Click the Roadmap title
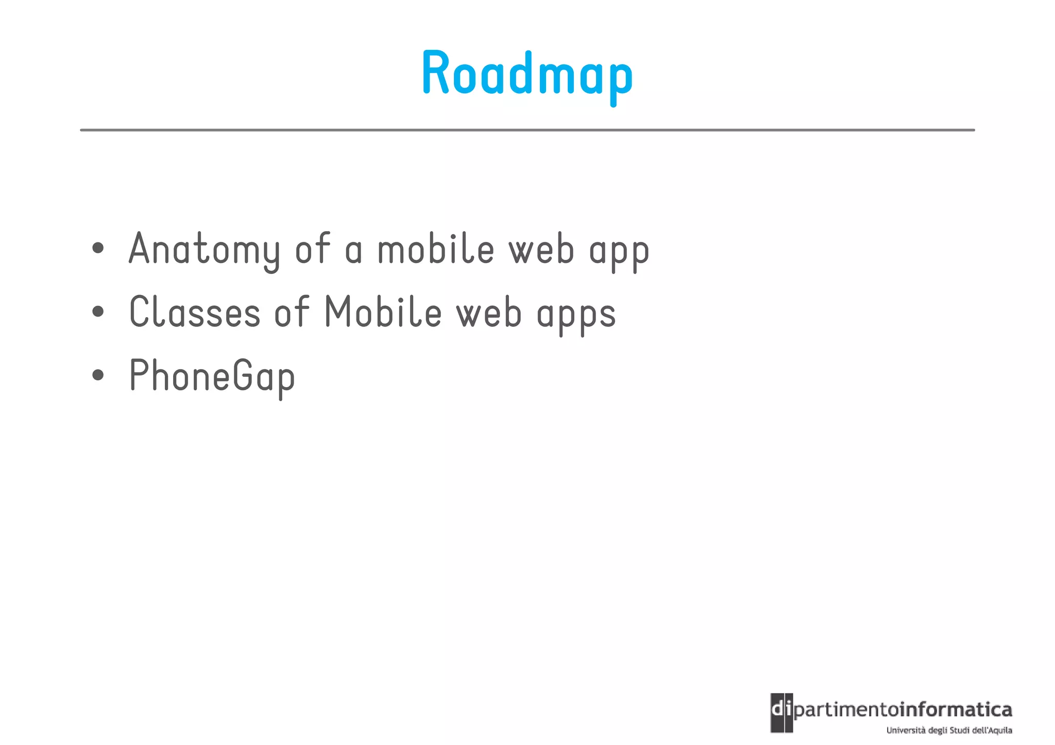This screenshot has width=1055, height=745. click(527, 74)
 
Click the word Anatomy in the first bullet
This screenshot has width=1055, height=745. click(204, 250)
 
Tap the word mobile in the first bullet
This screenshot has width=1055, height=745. click(436, 250)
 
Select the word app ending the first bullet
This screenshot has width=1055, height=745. click(619, 252)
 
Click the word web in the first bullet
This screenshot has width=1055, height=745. click(541, 250)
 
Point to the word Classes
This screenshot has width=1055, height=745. click(195, 313)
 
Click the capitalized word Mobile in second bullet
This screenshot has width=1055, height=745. click(383, 313)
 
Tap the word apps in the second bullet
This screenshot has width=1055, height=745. click(576, 315)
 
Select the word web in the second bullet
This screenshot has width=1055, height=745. click(489, 313)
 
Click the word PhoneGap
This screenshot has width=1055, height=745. click(212, 376)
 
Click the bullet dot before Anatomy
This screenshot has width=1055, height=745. click(98, 249)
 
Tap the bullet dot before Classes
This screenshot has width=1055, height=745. click(98, 311)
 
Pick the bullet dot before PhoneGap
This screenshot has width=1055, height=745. click(98, 375)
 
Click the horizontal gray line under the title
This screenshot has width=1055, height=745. click(527, 130)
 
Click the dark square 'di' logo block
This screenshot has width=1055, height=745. click(781, 713)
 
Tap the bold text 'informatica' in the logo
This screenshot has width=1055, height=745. click(956, 710)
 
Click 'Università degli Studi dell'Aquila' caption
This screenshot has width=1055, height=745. click(949, 730)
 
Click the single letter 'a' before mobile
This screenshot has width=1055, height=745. click(353, 251)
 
